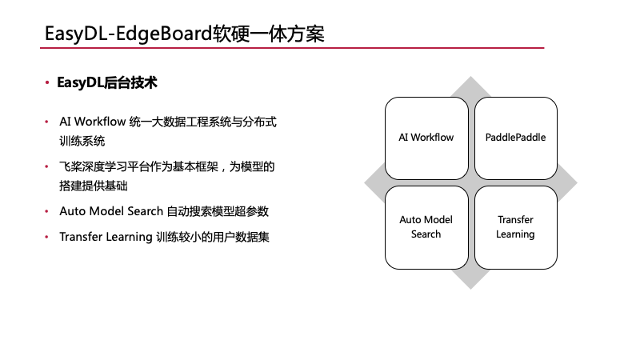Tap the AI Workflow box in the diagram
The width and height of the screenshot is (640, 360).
[x=426, y=138]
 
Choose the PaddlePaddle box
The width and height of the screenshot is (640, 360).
[x=515, y=138]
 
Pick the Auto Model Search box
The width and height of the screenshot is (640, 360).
[x=426, y=227]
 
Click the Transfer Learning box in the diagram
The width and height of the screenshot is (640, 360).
[x=515, y=227]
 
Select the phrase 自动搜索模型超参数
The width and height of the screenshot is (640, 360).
[x=218, y=212]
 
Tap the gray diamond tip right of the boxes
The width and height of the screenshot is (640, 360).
[x=567, y=182]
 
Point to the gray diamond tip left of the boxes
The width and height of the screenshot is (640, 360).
[x=374, y=182]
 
